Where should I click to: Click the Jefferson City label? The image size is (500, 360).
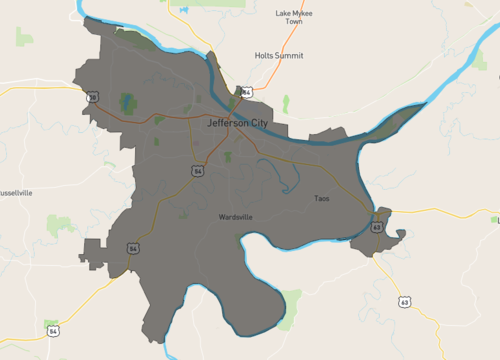pos(239,122)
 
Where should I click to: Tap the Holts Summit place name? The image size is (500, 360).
pos(279,56)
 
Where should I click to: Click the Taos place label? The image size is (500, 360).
pos(322,198)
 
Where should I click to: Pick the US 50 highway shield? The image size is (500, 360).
pos(93,98)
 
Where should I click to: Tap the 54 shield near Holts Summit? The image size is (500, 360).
pos(246,92)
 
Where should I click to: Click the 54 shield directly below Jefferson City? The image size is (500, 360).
pos(200,171)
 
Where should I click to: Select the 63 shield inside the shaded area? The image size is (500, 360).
pos(376,227)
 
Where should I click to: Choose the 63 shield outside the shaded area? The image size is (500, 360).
pos(405,301)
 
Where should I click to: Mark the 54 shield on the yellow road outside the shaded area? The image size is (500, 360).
pos(53,329)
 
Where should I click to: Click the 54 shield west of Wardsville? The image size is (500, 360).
pos(132,247)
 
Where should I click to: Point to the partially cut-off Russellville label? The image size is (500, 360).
pos(17,191)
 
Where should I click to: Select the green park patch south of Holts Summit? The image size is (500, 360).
pos(286,103)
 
